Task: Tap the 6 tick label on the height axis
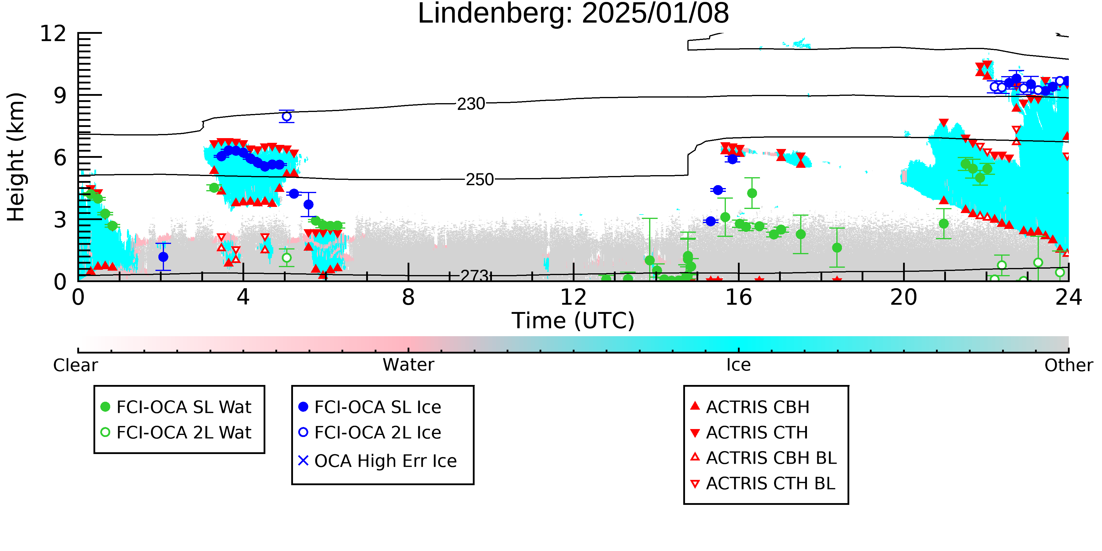click(x=60, y=158)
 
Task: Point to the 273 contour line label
click(x=474, y=276)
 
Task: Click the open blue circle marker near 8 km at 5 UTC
click(x=287, y=116)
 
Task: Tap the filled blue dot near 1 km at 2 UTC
click(x=163, y=257)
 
